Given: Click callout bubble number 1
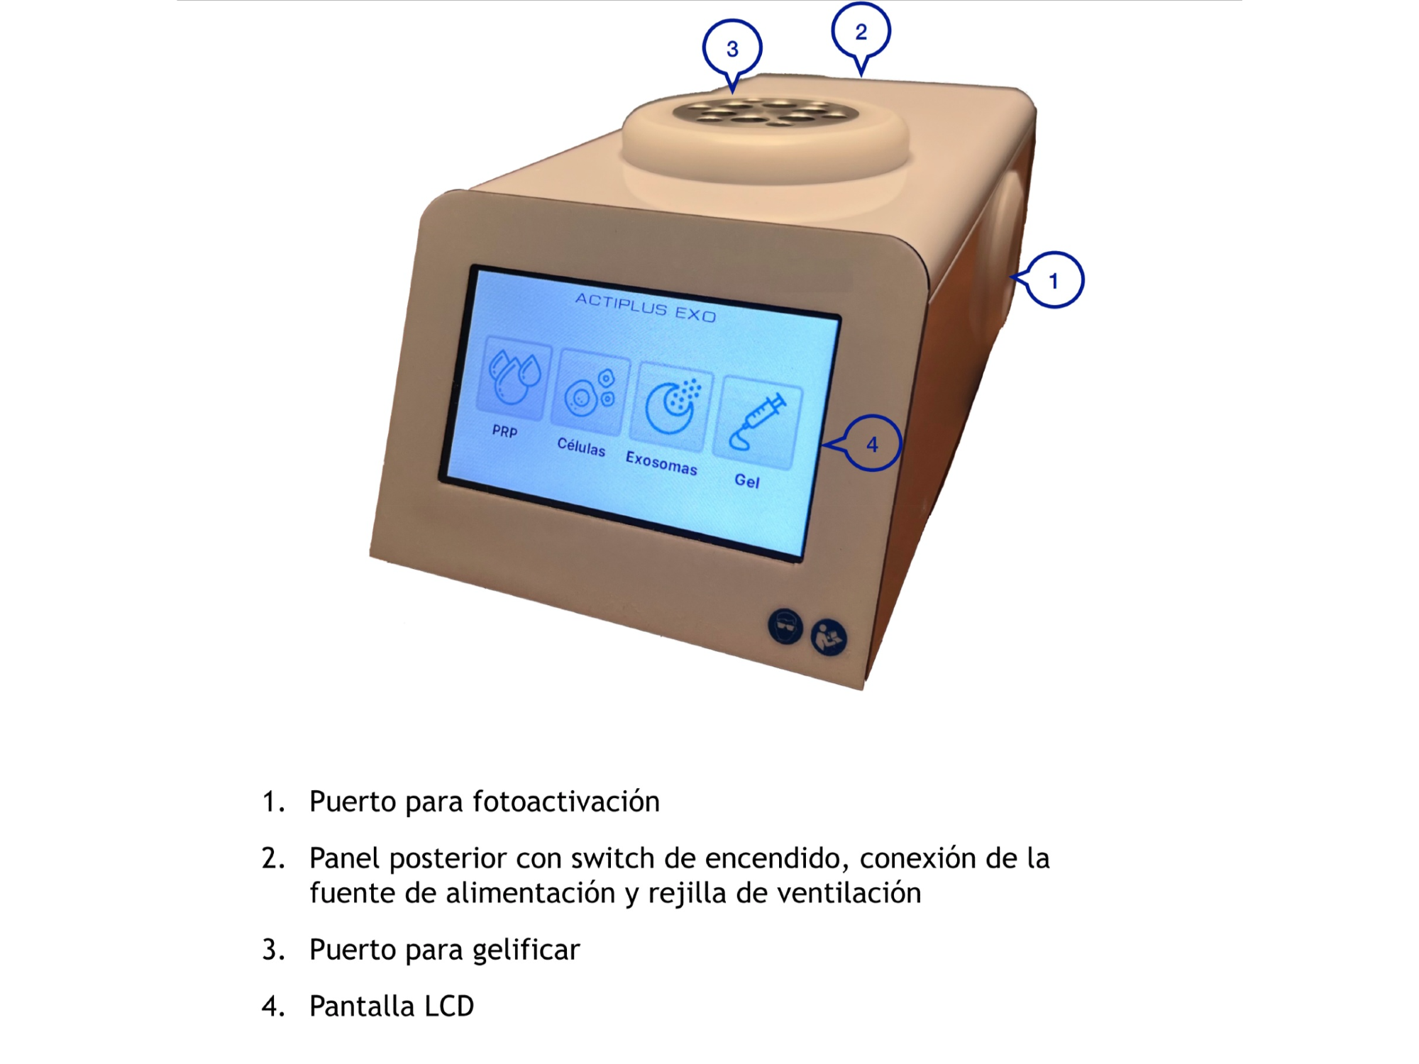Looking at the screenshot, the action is tap(1054, 280).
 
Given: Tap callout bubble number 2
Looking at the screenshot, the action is tap(861, 32).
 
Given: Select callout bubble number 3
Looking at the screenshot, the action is tap(732, 49).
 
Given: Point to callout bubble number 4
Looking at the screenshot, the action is tap(872, 444).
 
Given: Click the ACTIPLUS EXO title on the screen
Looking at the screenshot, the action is tap(646, 308).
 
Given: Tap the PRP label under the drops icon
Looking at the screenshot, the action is tap(504, 431).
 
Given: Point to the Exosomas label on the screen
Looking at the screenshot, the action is tap(661, 463).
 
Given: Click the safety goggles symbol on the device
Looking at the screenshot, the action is tap(785, 627).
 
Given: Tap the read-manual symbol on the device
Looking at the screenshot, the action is tap(829, 638).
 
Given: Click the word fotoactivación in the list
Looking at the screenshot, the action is tap(566, 802).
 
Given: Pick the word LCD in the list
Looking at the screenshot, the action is tap(448, 1007).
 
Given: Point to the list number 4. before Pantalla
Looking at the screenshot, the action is tap(273, 1007).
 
